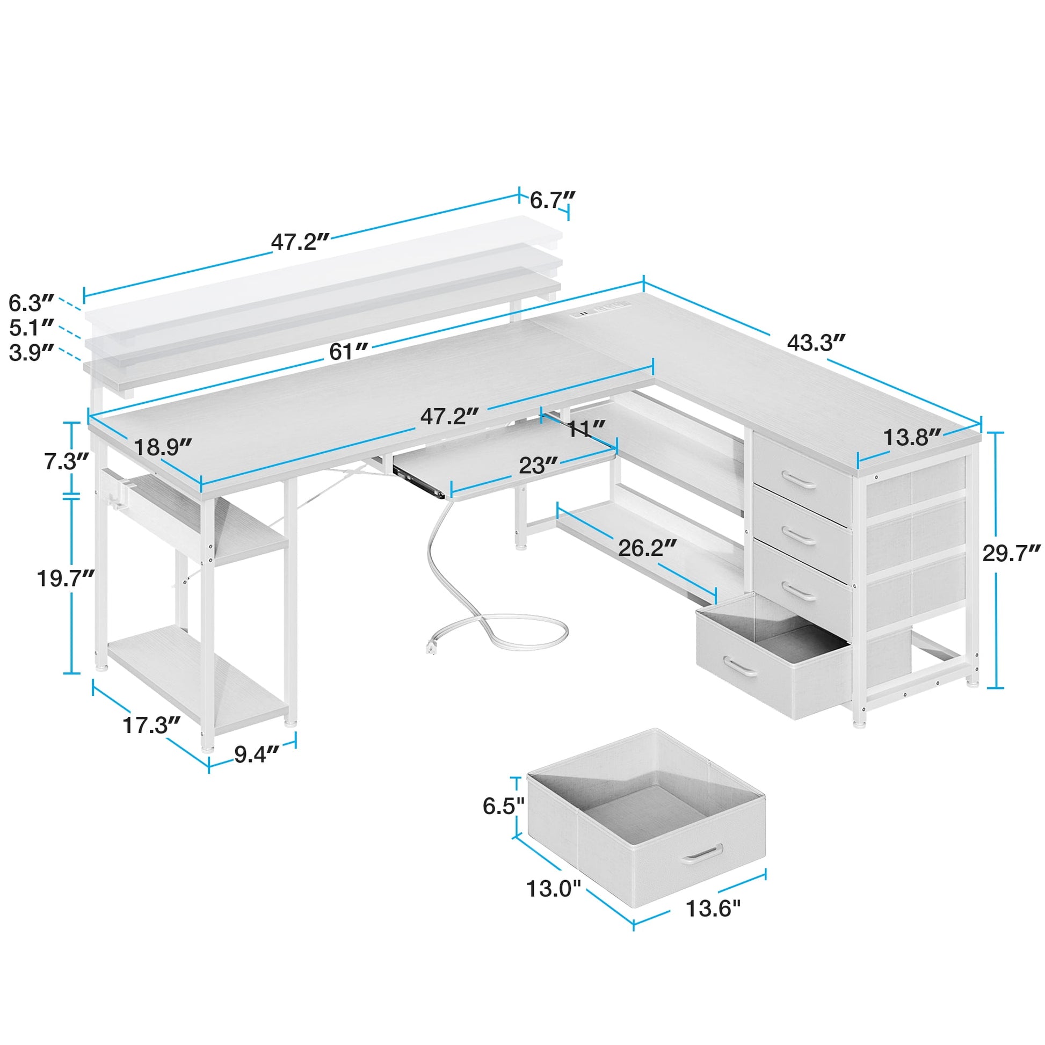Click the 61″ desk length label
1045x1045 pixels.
(349, 352)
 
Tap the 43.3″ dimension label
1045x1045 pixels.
(816, 343)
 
